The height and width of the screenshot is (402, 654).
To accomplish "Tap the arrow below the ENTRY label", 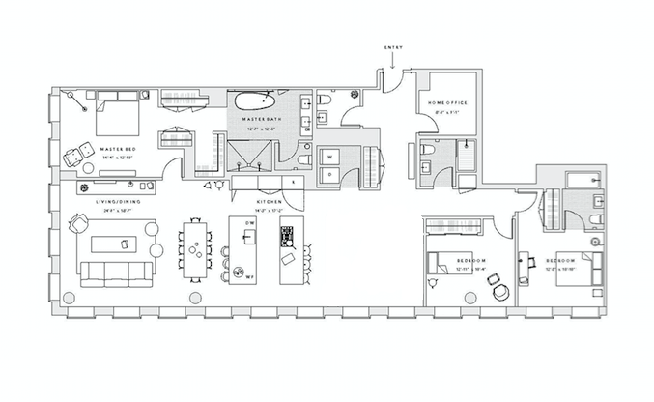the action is point(393,61).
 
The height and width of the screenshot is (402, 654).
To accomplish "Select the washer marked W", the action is point(329,155).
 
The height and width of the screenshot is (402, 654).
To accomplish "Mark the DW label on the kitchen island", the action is point(248,223).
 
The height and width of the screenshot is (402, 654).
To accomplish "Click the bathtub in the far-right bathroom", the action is point(581,180).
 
